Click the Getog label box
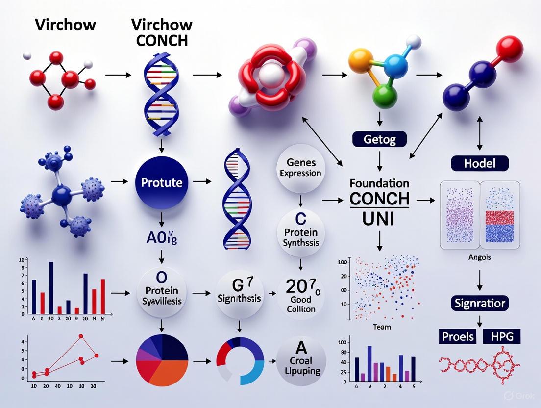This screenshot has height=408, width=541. pyautogui.click(x=379, y=139)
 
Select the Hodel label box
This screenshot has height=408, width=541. pyautogui.click(x=480, y=163)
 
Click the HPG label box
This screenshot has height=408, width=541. pyautogui.click(x=501, y=336)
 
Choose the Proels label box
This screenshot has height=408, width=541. pyautogui.click(x=458, y=336)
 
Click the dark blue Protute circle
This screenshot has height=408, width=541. pyautogui.click(x=162, y=183)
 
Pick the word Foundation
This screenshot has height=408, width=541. pyautogui.click(x=379, y=183)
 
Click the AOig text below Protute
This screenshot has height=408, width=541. pyautogui.click(x=161, y=225)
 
